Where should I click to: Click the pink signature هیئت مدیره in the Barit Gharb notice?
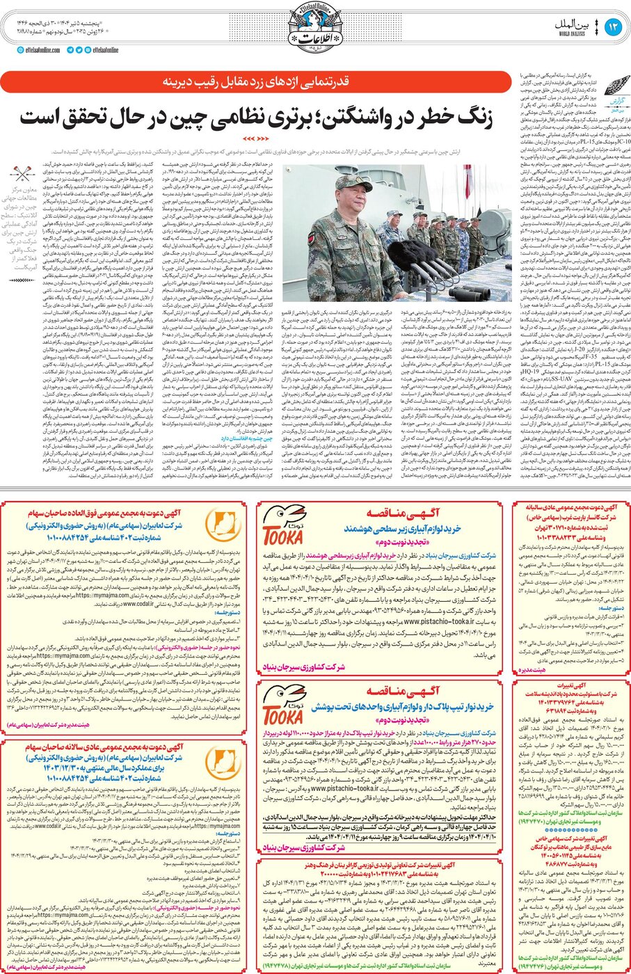(532, 669)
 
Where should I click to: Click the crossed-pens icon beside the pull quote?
(23, 174)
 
